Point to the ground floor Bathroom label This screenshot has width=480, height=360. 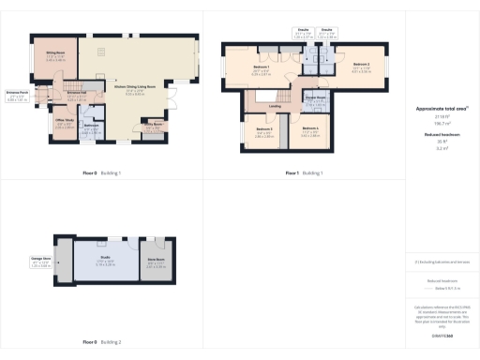tap(91, 126)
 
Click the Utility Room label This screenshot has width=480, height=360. tap(152, 123)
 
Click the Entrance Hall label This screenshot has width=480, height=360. tap(77, 93)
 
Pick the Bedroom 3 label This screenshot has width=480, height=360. tap(264, 128)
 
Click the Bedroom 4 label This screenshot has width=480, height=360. tap(310, 128)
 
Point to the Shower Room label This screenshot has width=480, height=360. tap(314, 97)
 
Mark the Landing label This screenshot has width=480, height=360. tap(275, 106)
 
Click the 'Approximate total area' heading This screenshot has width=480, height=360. tap(441, 109)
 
